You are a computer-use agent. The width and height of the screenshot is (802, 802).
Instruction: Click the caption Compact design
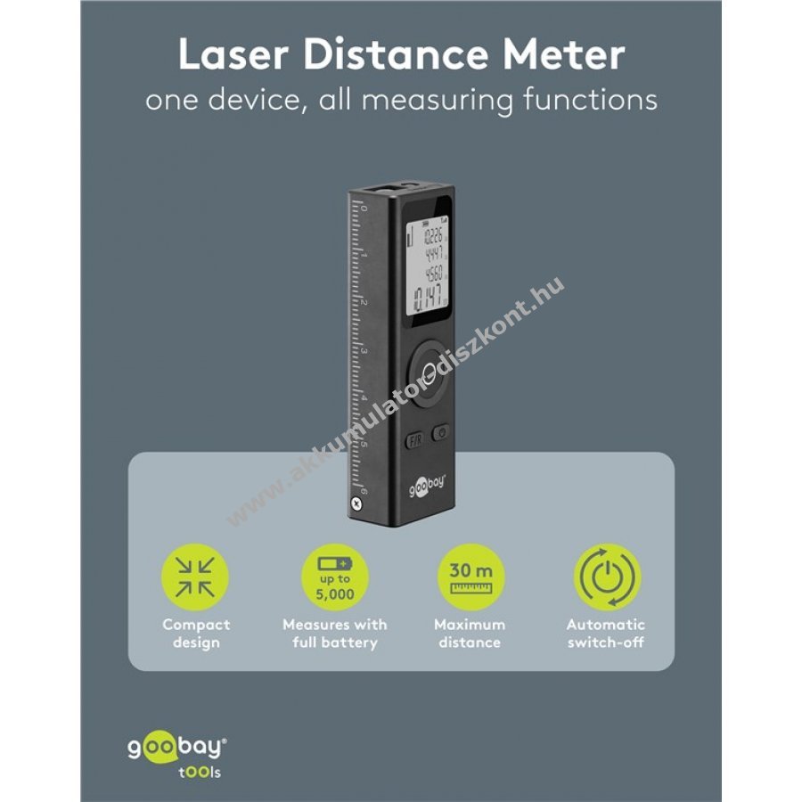point(196,634)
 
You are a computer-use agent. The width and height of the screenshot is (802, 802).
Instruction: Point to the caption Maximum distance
point(469,634)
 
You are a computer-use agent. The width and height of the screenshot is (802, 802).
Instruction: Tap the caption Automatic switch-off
point(605,634)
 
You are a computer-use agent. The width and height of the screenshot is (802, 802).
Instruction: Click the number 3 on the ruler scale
point(363,351)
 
